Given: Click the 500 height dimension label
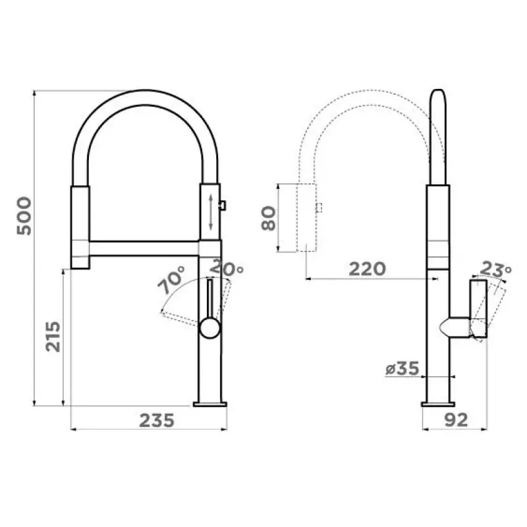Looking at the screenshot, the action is [x=24, y=216].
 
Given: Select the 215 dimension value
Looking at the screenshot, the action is [x=53, y=337].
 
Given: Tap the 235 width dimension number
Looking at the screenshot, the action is [x=157, y=420].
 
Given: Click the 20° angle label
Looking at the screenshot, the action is [x=227, y=268].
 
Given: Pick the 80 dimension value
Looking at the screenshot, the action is [x=269, y=219].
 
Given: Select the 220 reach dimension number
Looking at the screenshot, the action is [x=368, y=269].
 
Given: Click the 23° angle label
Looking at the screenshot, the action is [x=495, y=269].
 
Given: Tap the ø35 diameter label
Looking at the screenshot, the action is [x=402, y=368].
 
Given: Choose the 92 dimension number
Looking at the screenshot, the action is [x=456, y=420].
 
